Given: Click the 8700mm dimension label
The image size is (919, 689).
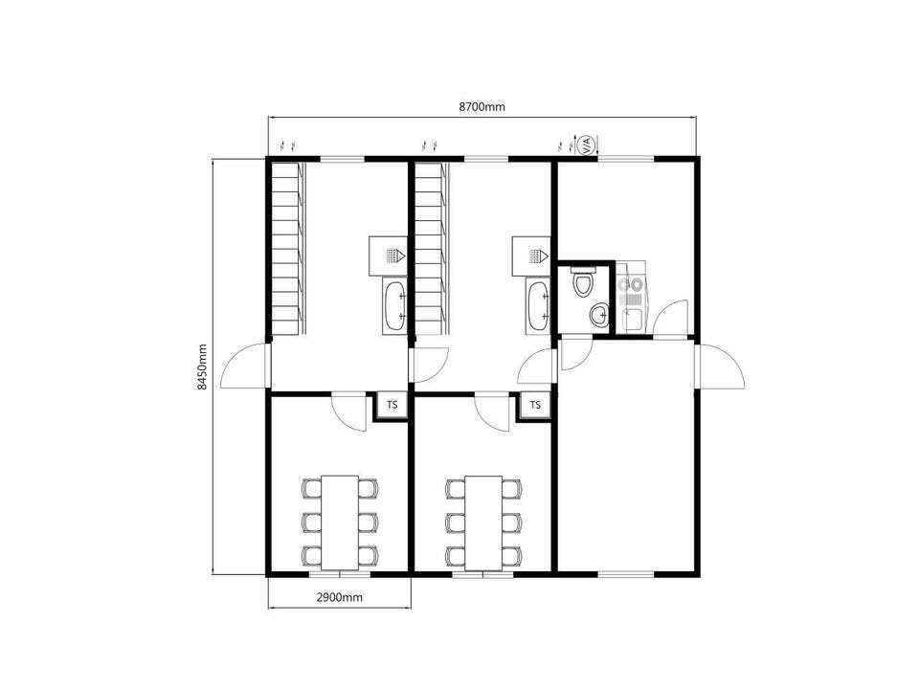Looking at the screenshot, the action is [482, 106].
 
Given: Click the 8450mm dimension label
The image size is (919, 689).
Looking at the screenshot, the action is [202, 367].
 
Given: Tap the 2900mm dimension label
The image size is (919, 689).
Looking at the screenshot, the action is [339, 597].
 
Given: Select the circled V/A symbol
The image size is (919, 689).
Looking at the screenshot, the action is [587, 144].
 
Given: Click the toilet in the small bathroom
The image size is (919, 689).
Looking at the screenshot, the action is [583, 281].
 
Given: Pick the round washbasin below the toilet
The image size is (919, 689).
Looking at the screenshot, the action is [599, 316].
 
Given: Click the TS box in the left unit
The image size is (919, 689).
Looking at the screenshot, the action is [392, 405].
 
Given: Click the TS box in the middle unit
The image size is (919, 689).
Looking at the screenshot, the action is [535, 405].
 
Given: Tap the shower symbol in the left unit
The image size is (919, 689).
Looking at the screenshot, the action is [388, 256].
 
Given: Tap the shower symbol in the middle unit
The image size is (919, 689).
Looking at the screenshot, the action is [531, 256].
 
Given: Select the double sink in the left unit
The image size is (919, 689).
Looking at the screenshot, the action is [394, 306].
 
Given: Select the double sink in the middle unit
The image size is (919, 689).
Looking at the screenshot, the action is [538, 306].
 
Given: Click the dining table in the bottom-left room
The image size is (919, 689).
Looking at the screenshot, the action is [341, 522].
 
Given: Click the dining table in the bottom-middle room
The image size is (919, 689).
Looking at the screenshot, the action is [483, 522].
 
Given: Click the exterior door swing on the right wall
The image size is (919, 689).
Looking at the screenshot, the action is [721, 367].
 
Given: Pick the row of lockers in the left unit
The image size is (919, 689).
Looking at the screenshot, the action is [288, 249].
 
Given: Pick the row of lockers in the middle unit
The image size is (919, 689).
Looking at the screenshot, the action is [432, 249].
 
